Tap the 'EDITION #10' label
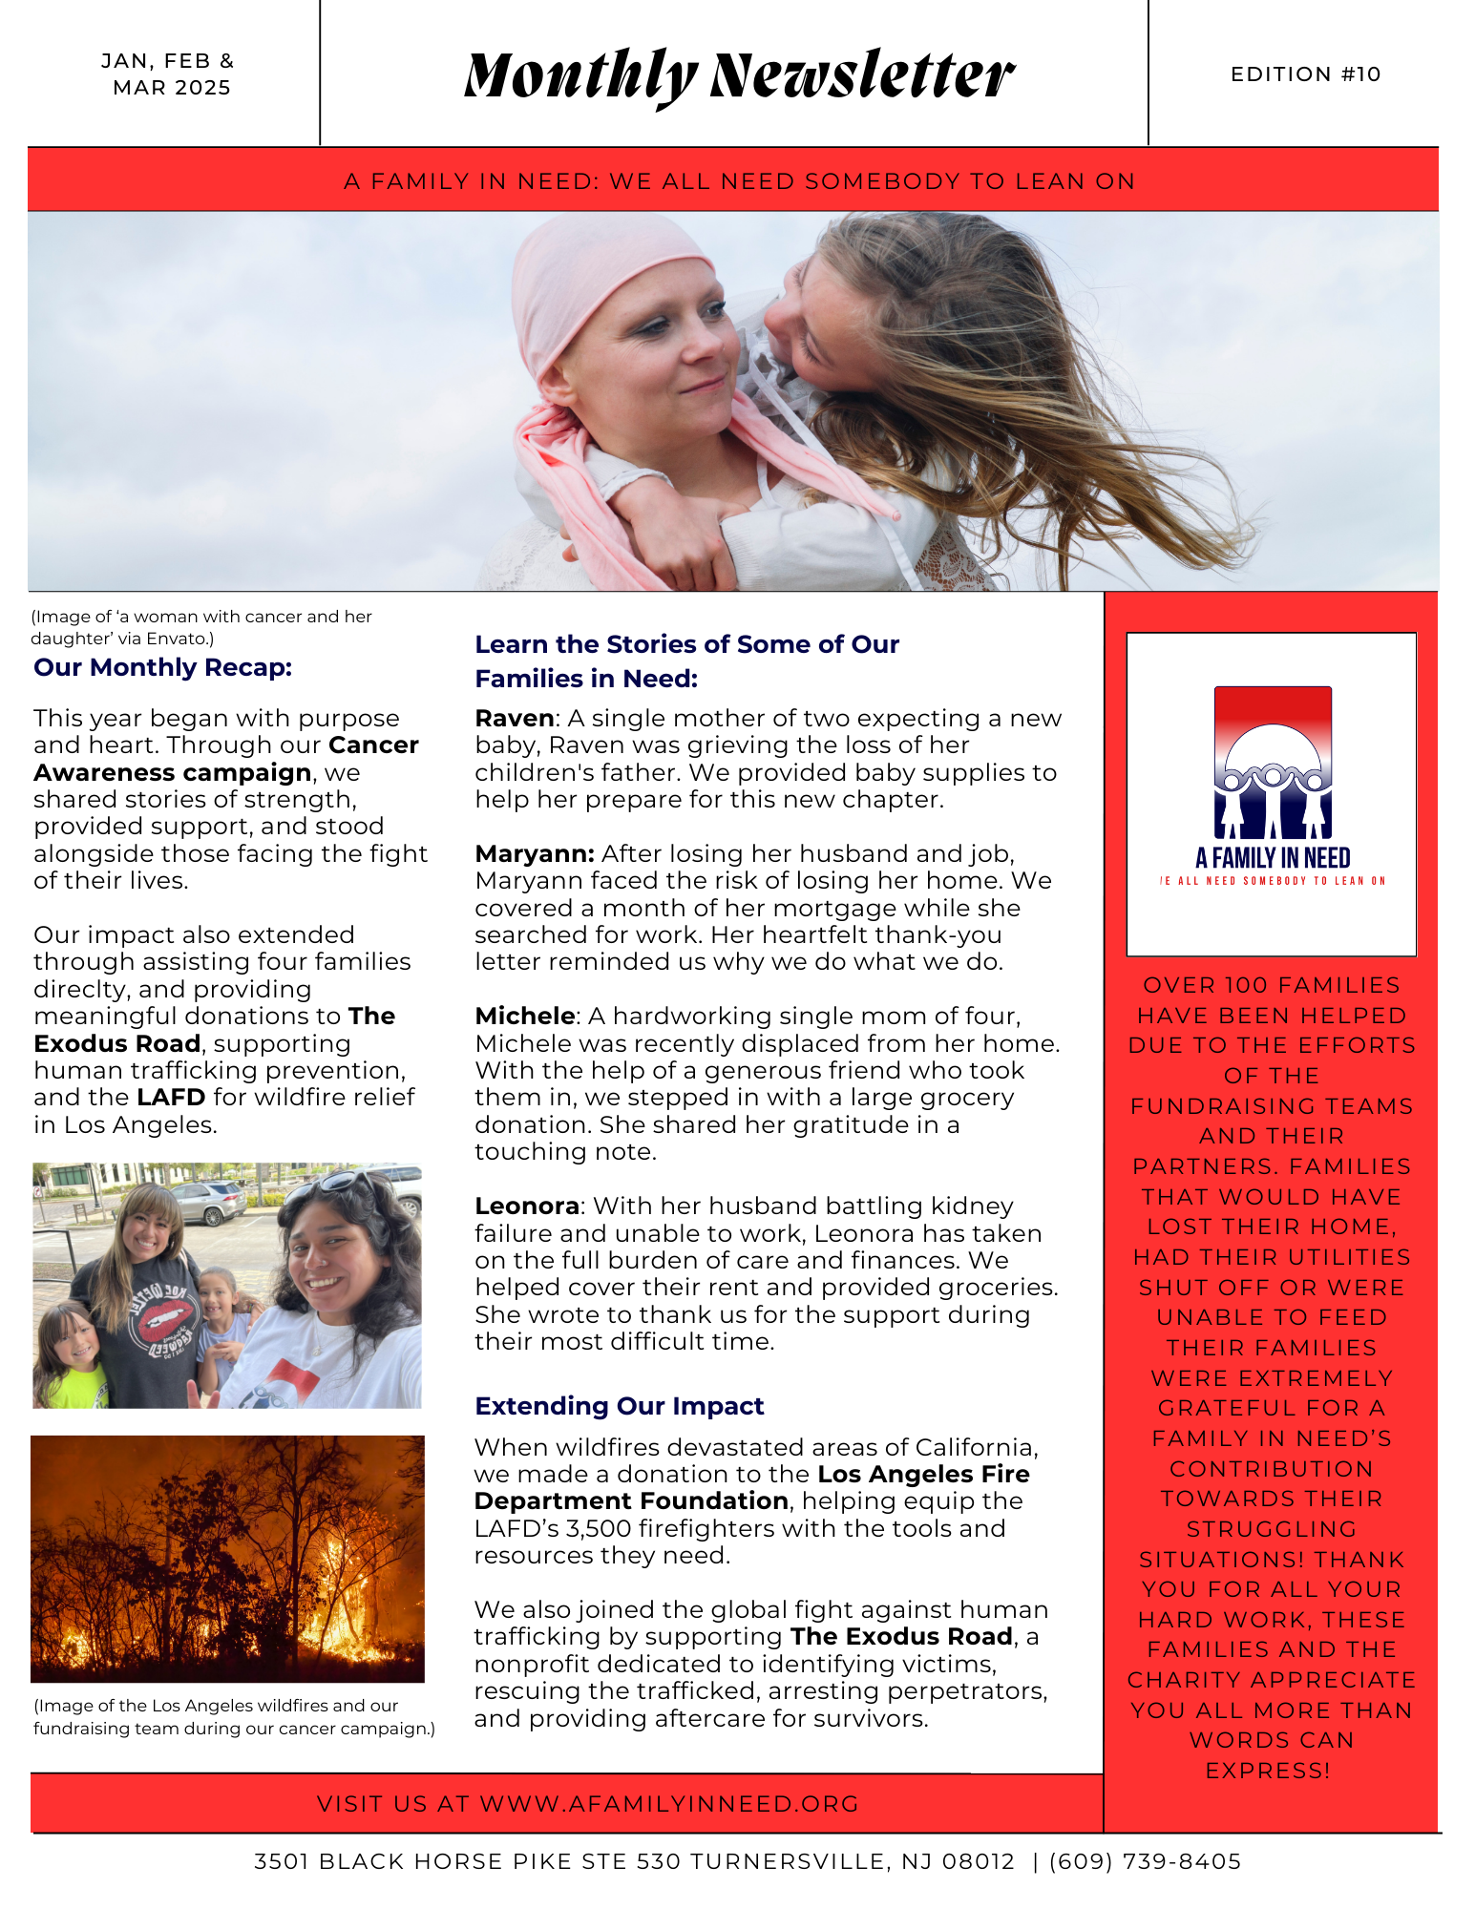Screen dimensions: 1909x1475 click(1305, 74)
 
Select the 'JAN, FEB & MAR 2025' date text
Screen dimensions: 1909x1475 click(168, 74)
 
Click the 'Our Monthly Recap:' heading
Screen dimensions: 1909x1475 click(162, 667)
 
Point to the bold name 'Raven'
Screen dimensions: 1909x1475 click(515, 718)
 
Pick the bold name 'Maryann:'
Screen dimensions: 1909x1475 click(535, 853)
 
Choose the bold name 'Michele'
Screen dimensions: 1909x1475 click(525, 1016)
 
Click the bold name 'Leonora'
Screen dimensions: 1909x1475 click(527, 1206)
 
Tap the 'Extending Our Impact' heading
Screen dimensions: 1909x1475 click(620, 1406)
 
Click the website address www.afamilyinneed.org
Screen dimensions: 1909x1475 click(669, 1804)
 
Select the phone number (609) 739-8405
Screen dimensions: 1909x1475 click(1145, 1861)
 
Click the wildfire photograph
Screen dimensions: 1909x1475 click(227, 1558)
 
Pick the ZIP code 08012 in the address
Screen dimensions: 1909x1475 click(979, 1861)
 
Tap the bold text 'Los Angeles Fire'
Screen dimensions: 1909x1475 click(923, 1474)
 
